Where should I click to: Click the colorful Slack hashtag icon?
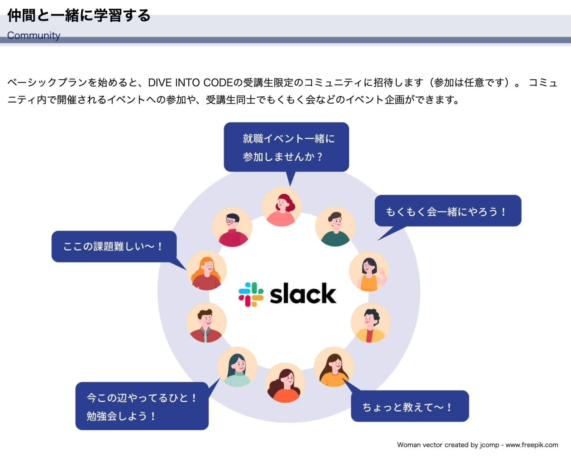pyautogui.click(x=251, y=294)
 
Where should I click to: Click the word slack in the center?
pyautogui.click(x=303, y=294)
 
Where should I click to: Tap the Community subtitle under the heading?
pyautogui.click(x=33, y=35)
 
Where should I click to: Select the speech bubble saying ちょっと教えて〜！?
pyautogui.click(x=410, y=406)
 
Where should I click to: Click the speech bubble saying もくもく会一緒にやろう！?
pyautogui.click(x=447, y=211)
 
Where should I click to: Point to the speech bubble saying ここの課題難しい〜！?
pyautogui.click(x=114, y=246)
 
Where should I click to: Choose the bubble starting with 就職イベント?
pyautogui.click(x=286, y=147)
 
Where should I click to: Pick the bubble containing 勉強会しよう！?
pyautogui.click(x=142, y=406)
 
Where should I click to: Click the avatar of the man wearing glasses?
pyautogui.click(x=232, y=227)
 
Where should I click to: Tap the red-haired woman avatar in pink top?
pyautogui.click(x=281, y=207)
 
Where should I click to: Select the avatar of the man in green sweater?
pyautogui.click(x=335, y=227)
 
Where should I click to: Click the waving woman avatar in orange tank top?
pyautogui.click(x=369, y=271)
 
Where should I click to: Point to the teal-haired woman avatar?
pyautogui.click(x=237, y=367)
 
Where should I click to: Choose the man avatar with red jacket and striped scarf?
pyautogui.click(x=206, y=323)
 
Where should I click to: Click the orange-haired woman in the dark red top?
pyautogui.click(x=207, y=271)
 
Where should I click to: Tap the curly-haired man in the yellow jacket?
pyautogui.click(x=370, y=323)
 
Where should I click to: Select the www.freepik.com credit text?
pyautogui.click(x=532, y=445)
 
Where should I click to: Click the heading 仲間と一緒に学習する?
pyautogui.click(x=79, y=15)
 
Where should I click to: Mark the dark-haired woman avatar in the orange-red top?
pyautogui.click(x=285, y=383)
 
